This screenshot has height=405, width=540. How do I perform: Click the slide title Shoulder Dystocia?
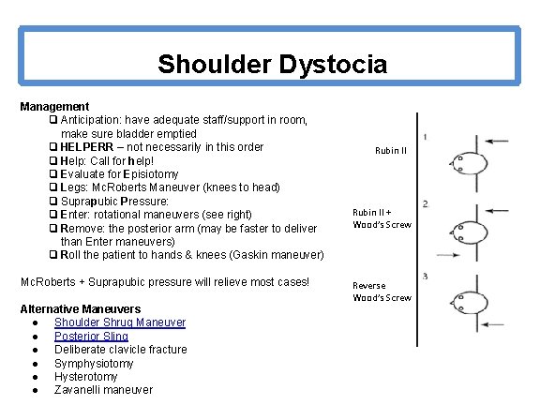click(x=272, y=64)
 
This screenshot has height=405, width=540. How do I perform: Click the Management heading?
click(x=54, y=107)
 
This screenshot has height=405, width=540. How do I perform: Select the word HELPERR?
click(x=89, y=147)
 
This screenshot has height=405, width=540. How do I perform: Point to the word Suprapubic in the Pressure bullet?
click(x=88, y=202)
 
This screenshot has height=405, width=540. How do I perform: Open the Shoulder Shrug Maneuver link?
click(x=120, y=322)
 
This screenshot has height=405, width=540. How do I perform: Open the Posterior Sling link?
click(x=91, y=336)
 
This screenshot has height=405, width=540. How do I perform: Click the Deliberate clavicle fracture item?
click(x=120, y=350)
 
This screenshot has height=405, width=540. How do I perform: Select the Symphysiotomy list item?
click(x=94, y=363)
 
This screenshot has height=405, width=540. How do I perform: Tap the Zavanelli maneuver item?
click(x=103, y=390)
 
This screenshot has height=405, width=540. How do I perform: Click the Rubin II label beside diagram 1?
click(x=390, y=150)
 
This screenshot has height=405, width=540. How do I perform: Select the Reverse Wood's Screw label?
click(x=381, y=292)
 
